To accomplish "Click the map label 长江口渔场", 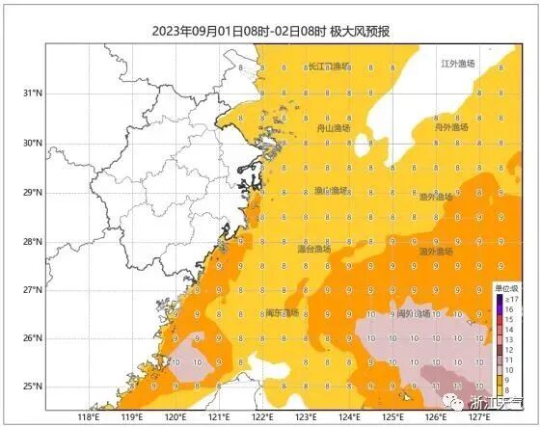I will (x=327, y=67).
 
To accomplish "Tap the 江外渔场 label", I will (x=458, y=64).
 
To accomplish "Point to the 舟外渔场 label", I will (x=450, y=127).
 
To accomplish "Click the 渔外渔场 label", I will (x=437, y=196).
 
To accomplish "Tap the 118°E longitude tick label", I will (x=88, y=418).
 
